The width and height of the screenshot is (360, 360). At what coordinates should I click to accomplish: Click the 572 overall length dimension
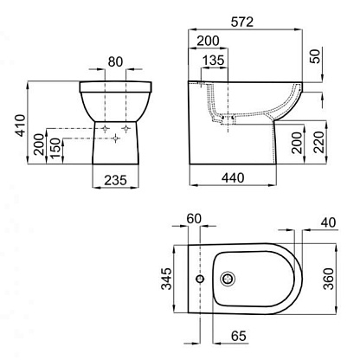[242, 22]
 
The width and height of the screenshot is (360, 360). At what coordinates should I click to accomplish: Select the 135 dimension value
[213, 61]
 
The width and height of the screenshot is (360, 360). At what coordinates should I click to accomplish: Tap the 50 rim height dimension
[315, 56]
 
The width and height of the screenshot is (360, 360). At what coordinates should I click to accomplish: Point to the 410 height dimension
[21, 125]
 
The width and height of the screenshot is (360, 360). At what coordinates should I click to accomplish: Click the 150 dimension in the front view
[55, 148]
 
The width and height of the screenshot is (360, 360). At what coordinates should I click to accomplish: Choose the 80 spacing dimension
[115, 62]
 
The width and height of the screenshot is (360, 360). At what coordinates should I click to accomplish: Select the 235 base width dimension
[115, 181]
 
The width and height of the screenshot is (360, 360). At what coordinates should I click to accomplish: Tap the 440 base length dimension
[233, 178]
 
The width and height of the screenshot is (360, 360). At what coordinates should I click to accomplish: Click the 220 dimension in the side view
[319, 142]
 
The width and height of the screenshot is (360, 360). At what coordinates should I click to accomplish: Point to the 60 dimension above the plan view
[194, 219]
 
